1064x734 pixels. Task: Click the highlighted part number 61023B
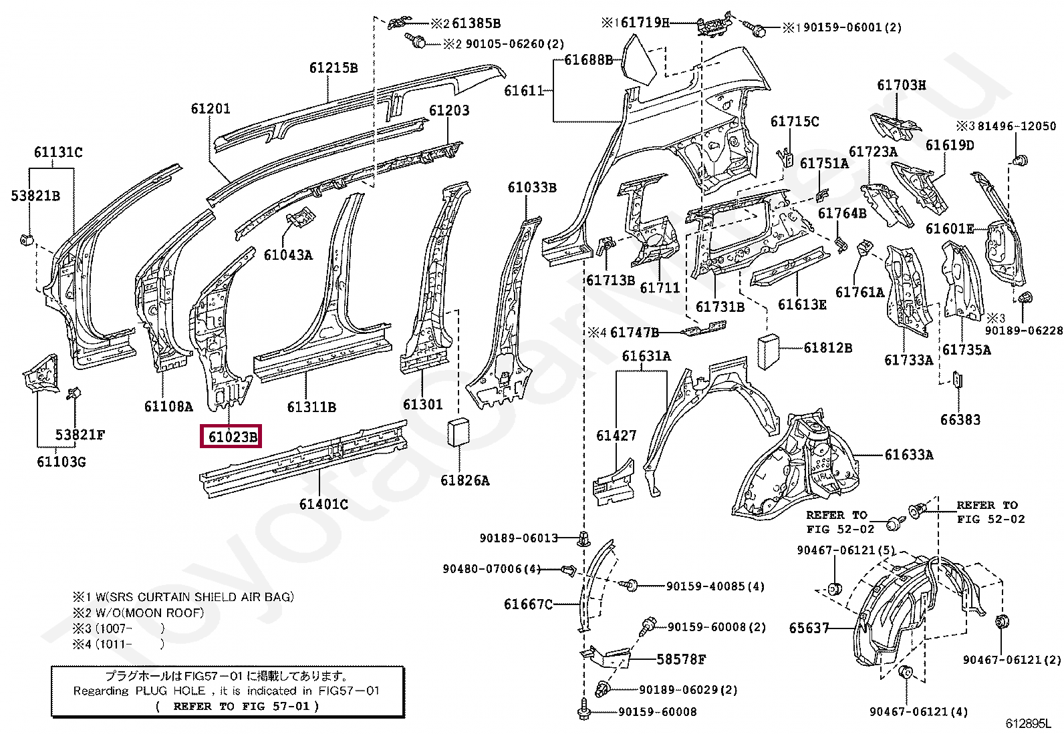pyautogui.click(x=231, y=437)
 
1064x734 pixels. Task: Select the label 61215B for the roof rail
pyautogui.click(x=333, y=68)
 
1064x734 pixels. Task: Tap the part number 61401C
pyautogui.click(x=323, y=504)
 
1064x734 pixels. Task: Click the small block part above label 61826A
pyautogui.click(x=459, y=431)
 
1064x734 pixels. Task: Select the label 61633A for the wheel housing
pyautogui.click(x=908, y=455)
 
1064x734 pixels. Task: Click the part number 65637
pyautogui.click(x=809, y=628)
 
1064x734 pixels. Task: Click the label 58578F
pyautogui.click(x=680, y=660)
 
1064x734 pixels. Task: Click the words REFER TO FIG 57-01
pyautogui.click(x=237, y=706)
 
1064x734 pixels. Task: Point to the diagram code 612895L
pyautogui.click(x=1028, y=723)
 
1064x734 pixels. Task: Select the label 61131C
pyautogui.click(x=58, y=152)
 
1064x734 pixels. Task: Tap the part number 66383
pyautogui.click(x=960, y=420)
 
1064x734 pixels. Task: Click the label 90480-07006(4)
pyautogui.click(x=491, y=569)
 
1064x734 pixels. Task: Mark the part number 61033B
pyautogui.click(x=531, y=188)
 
